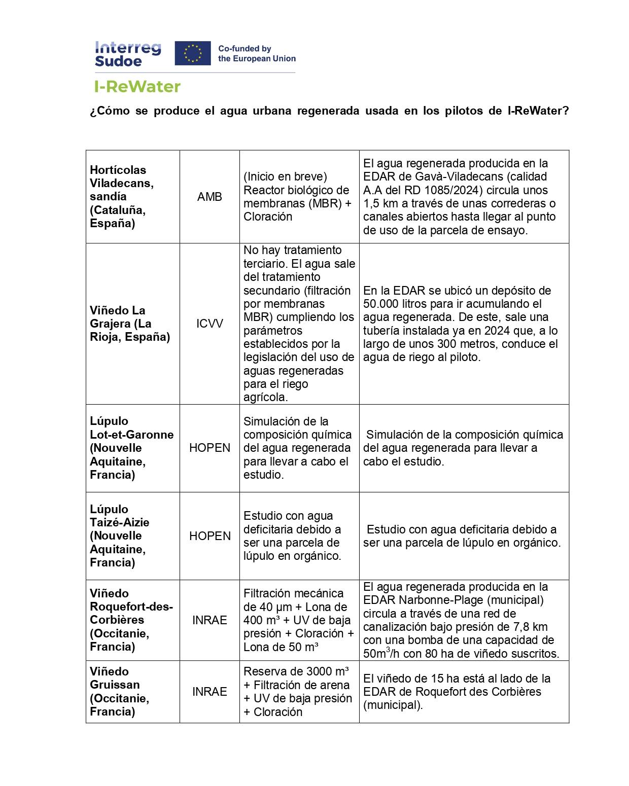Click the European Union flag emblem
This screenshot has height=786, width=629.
point(192,53)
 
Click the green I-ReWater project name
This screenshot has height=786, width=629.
point(137,87)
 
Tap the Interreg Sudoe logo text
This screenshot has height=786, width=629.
point(128,54)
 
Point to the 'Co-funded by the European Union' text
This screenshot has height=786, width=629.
point(257,54)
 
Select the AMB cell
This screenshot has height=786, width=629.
point(209,197)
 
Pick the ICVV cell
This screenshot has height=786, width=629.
point(209,324)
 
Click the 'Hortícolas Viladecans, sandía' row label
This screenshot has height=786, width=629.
point(122,196)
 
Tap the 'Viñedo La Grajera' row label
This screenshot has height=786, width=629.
point(129,324)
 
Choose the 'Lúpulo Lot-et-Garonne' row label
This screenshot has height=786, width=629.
point(131,448)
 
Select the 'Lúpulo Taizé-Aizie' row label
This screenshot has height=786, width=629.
point(120,535)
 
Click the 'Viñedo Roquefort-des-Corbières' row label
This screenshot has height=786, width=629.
point(131,620)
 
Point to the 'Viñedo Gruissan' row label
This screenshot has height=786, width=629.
point(120,691)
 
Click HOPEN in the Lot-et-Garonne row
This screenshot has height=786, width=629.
point(209,448)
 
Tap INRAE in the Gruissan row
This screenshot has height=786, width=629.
point(209,691)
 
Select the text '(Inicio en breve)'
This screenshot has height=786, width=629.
point(285,176)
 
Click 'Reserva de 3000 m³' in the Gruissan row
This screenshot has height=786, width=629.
point(296,671)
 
